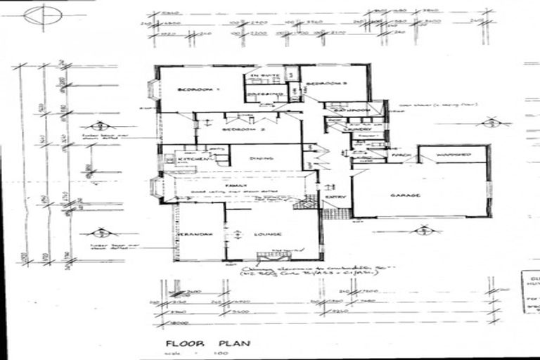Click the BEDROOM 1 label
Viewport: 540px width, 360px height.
[199, 90]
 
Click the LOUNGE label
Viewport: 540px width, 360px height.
[270, 234]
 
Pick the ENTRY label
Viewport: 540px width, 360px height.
[333, 198]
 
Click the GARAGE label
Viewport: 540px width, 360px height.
[406, 195]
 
